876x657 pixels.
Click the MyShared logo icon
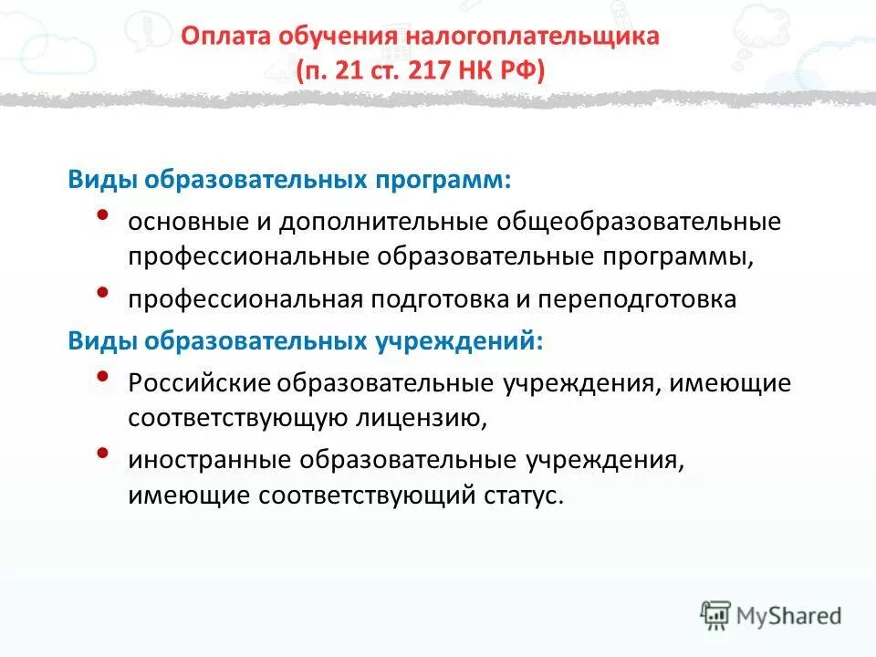[716, 615]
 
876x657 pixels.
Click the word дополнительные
[388, 222]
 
